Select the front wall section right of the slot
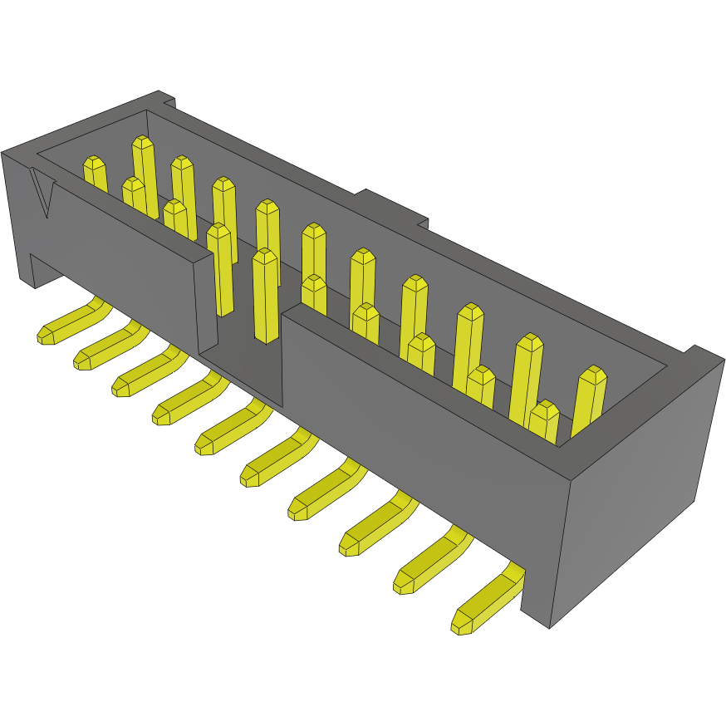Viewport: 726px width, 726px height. click(x=415, y=415)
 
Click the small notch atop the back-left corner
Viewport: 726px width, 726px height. click(x=169, y=102)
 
